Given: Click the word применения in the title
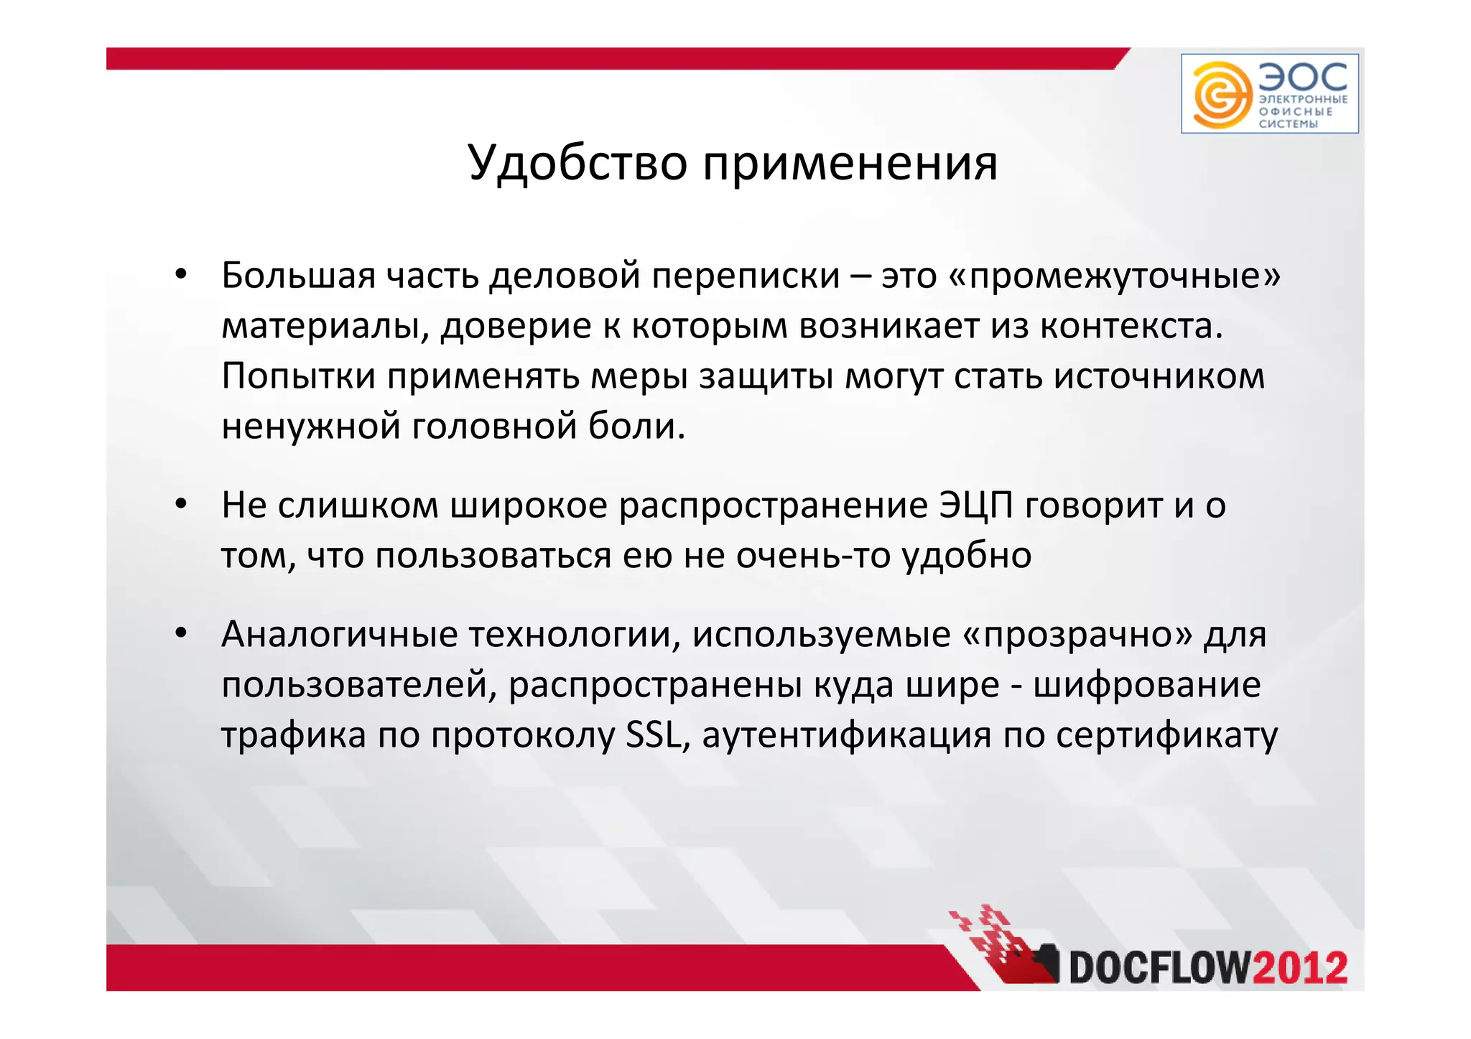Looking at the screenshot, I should pos(850,164).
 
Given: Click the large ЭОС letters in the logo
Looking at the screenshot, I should pos(1303,77).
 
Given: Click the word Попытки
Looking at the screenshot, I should pos(298,376).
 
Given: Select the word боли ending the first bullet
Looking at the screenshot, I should pos(636,427).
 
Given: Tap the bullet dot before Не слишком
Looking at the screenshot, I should pos(181,505).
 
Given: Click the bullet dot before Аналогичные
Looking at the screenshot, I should pos(181,634).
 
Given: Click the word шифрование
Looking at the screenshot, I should pos(1146,685).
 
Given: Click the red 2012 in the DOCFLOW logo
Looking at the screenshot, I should pos(1300,968).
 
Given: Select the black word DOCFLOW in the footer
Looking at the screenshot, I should pos(1160,968).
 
